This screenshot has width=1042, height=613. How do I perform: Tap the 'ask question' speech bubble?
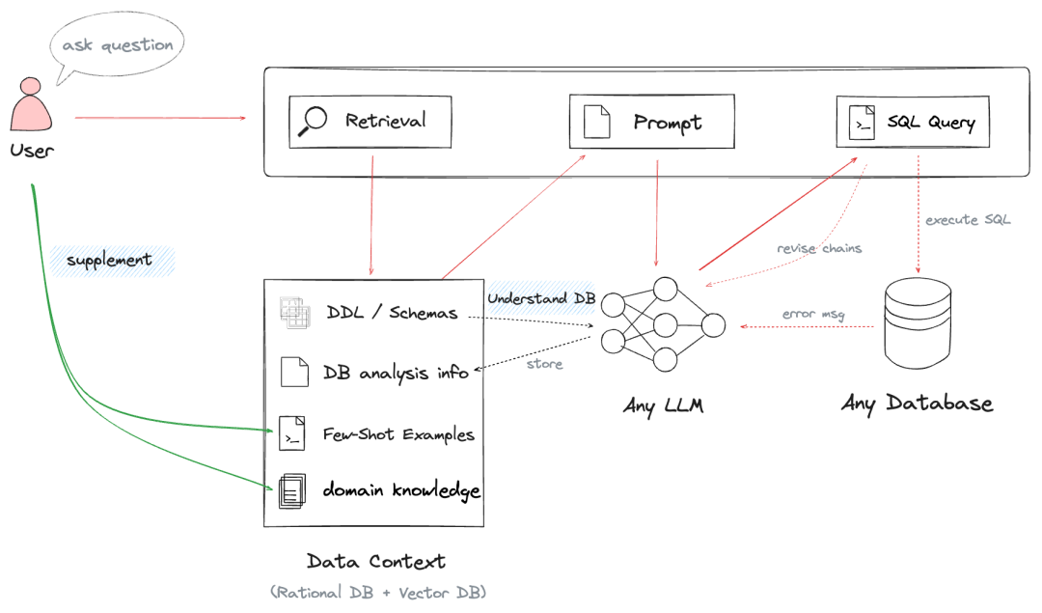click(117, 45)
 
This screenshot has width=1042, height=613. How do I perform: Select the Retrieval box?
click(370, 122)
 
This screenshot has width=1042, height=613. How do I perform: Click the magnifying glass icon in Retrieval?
click(313, 121)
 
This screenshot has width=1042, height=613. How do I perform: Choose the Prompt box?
click(652, 122)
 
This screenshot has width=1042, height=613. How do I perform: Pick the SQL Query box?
click(913, 122)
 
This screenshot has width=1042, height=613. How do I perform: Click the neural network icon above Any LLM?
click(663, 324)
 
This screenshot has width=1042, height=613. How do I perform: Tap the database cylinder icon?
click(918, 323)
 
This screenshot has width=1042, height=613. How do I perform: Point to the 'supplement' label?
click(109, 260)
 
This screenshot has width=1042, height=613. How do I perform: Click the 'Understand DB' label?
click(541, 298)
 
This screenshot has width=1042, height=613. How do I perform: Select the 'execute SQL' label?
click(968, 219)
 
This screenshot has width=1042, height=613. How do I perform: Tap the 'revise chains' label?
click(819, 248)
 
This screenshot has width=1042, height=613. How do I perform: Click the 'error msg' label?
click(813, 314)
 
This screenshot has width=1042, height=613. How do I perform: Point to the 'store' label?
click(545, 364)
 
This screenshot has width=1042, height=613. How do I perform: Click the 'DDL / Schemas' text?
click(392, 313)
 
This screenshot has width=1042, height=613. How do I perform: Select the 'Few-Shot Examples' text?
click(398, 434)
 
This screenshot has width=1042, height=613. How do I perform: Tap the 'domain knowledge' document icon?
click(292, 490)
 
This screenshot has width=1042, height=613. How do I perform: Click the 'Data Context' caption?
click(376, 562)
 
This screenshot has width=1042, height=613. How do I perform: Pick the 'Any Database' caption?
click(918, 404)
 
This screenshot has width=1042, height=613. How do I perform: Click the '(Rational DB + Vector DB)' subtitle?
click(378, 593)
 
